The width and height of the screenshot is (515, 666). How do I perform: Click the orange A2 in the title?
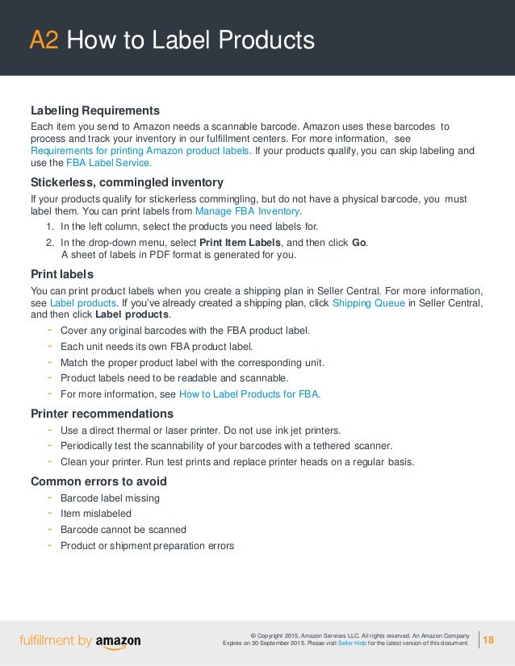[44, 40]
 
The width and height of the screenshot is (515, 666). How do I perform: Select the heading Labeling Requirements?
[94, 110]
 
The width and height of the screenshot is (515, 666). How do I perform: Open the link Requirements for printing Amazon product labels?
[140, 151]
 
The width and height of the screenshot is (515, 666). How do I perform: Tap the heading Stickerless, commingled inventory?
[127, 181]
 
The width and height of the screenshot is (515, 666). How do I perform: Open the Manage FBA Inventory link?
[247, 211]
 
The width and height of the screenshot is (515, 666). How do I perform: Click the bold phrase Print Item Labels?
[243, 243]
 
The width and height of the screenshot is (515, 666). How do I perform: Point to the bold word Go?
[359, 243]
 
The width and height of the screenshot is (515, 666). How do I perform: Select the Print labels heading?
[62, 273]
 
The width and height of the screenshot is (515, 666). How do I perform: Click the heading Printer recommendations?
[102, 413]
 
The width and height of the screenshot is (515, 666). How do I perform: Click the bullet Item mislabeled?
[95, 514]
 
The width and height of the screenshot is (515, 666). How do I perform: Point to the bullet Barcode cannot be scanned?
[123, 530]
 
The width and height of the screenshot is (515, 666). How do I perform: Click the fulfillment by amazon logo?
[80, 641]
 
